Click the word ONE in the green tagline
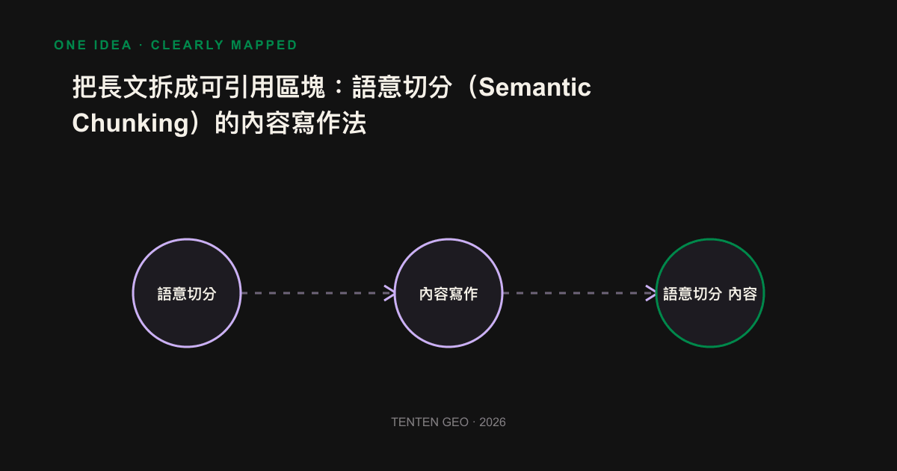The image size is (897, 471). (x=70, y=45)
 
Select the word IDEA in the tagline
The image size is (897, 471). (x=113, y=45)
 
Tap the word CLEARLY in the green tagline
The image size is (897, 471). (x=187, y=45)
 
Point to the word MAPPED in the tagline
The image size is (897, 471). (x=264, y=45)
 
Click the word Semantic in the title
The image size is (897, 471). (x=534, y=87)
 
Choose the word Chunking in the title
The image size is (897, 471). (x=130, y=123)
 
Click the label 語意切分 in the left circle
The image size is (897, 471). (x=187, y=294)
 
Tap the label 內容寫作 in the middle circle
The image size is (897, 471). (x=449, y=294)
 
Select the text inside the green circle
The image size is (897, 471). (x=710, y=294)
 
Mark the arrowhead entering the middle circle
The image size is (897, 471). (x=389, y=293)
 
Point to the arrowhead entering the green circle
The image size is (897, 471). (x=651, y=293)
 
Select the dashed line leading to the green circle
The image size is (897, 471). (x=579, y=293)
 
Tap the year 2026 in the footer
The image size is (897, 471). (x=493, y=422)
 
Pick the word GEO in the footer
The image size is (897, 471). (x=456, y=422)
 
